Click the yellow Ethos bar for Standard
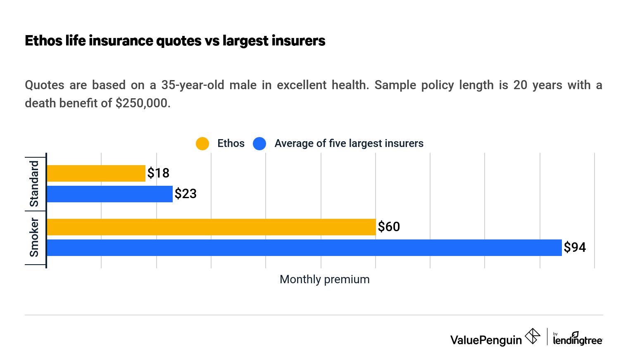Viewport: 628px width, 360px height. point(96,173)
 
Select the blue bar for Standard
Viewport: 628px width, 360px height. point(109,194)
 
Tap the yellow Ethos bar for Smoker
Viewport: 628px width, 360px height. point(211,227)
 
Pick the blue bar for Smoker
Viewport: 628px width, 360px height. point(304,248)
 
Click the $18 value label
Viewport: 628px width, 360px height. point(158,173)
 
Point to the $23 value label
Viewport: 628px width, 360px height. point(186,194)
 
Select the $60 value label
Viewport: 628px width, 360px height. point(389,227)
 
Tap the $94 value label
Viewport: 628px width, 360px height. point(575,247)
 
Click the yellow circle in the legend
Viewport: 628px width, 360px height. point(202,144)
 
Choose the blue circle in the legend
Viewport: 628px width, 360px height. point(259,144)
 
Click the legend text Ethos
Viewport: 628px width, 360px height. point(231,143)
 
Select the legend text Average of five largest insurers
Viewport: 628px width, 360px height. point(349,143)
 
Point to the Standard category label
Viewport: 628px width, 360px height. point(34,184)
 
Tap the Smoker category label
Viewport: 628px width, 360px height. point(34,238)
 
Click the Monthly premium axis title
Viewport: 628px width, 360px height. point(324,279)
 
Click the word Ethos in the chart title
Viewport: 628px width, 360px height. point(43,40)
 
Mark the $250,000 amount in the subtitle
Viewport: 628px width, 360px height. point(143,103)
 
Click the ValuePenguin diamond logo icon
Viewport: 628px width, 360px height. point(533,336)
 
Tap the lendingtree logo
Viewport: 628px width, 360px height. point(578,339)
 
